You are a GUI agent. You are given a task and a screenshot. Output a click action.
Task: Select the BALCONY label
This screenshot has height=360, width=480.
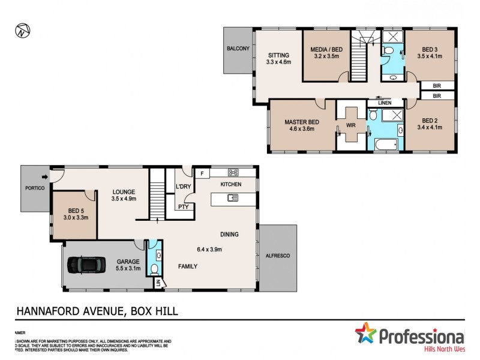(238, 49)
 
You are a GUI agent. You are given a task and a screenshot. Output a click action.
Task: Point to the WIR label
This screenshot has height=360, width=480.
(351, 126)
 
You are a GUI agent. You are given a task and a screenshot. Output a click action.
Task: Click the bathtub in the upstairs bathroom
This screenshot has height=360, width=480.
(385, 145)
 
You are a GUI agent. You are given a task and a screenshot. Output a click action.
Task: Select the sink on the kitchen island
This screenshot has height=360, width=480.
(232, 198)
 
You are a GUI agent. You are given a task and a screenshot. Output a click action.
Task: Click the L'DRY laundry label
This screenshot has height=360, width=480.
(182, 186)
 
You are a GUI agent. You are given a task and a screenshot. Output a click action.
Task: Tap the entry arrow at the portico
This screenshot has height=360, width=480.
(46, 176)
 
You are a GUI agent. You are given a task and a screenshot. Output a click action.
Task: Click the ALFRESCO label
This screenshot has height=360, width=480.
(277, 256)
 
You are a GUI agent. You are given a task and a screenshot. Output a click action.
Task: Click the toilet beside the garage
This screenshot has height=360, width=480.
(154, 269)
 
